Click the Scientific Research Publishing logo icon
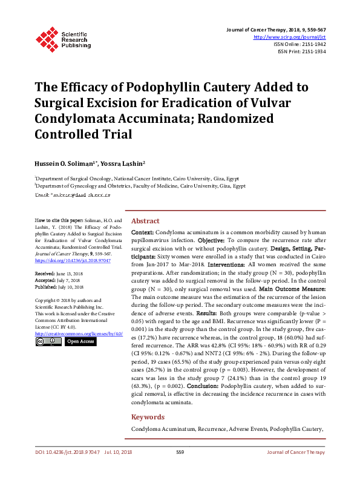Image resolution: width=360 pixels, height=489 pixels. click(x=47, y=38)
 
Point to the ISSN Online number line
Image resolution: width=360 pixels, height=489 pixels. click(x=299, y=44)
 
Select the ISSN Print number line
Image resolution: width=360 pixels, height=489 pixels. click(x=301, y=52)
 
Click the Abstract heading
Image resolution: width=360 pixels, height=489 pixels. click(x=145, y=222)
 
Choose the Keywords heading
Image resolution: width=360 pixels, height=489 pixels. click(x=148, y=417)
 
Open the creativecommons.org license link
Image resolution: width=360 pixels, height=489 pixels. click(x=79, y=333)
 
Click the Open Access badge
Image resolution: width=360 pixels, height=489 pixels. click(x=80, y=342)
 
